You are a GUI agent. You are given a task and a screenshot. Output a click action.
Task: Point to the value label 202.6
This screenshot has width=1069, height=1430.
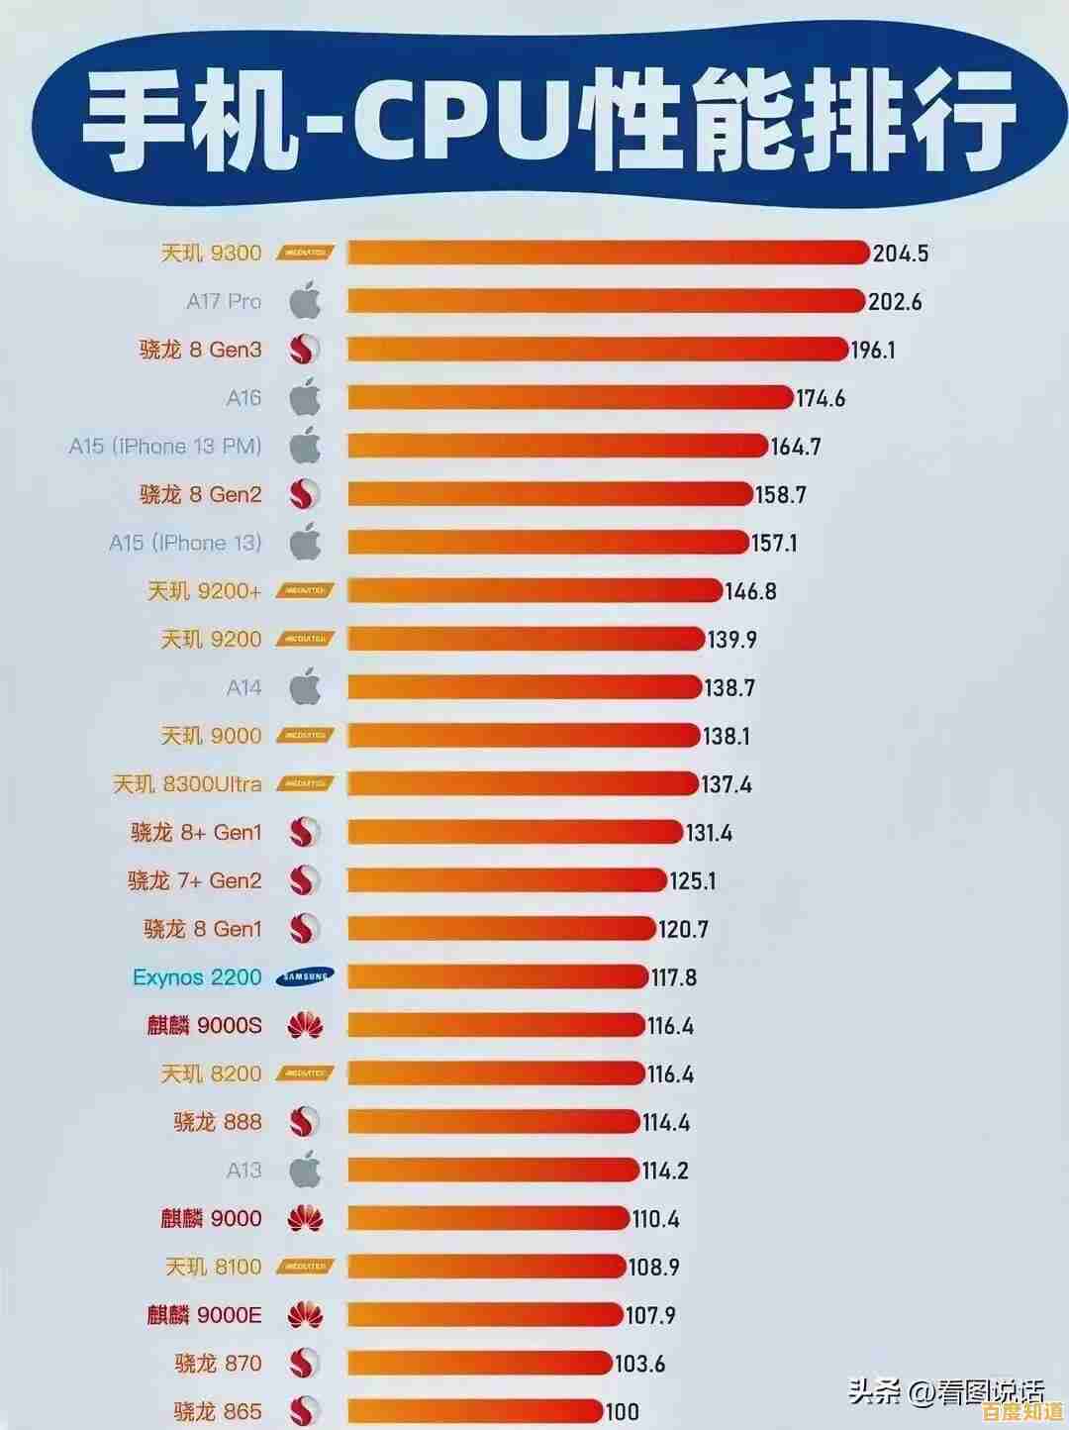tap(895, 301)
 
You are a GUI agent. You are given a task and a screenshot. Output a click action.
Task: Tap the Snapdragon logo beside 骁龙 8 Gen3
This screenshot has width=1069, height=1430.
tap(306, 350)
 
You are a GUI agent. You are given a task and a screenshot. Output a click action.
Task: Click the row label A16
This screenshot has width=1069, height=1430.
tap(243, 398)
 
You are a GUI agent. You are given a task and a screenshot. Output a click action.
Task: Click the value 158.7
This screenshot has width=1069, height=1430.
tap(781, 494)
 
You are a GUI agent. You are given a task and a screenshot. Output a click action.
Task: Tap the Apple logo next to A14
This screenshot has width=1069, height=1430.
tap(306, 686)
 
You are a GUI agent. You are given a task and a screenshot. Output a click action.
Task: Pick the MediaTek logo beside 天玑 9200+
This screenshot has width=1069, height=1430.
tap(306, 591)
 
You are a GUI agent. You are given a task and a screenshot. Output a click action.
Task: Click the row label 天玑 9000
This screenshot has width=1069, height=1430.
tap(212, 736)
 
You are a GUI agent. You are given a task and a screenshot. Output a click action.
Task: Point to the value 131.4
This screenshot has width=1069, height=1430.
tap(709, 833)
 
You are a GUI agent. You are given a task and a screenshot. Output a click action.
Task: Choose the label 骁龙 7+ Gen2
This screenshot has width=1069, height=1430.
tap(195, 880)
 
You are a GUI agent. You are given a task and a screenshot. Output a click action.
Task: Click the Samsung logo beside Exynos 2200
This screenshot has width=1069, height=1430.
tap(306, 977)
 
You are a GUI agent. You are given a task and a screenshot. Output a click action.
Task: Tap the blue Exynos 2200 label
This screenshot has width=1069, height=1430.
tap(197, 977)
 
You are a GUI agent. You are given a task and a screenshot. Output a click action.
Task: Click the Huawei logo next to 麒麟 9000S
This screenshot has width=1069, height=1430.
tap(306, 1026)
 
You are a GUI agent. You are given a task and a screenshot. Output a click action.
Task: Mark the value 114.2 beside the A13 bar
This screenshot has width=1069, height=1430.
tap(665, 1171)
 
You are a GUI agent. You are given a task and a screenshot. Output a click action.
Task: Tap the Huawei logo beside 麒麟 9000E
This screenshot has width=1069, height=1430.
tap(306, 1315)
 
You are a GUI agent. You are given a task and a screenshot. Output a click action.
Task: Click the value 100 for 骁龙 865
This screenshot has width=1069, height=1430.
tap(622, 1411)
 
